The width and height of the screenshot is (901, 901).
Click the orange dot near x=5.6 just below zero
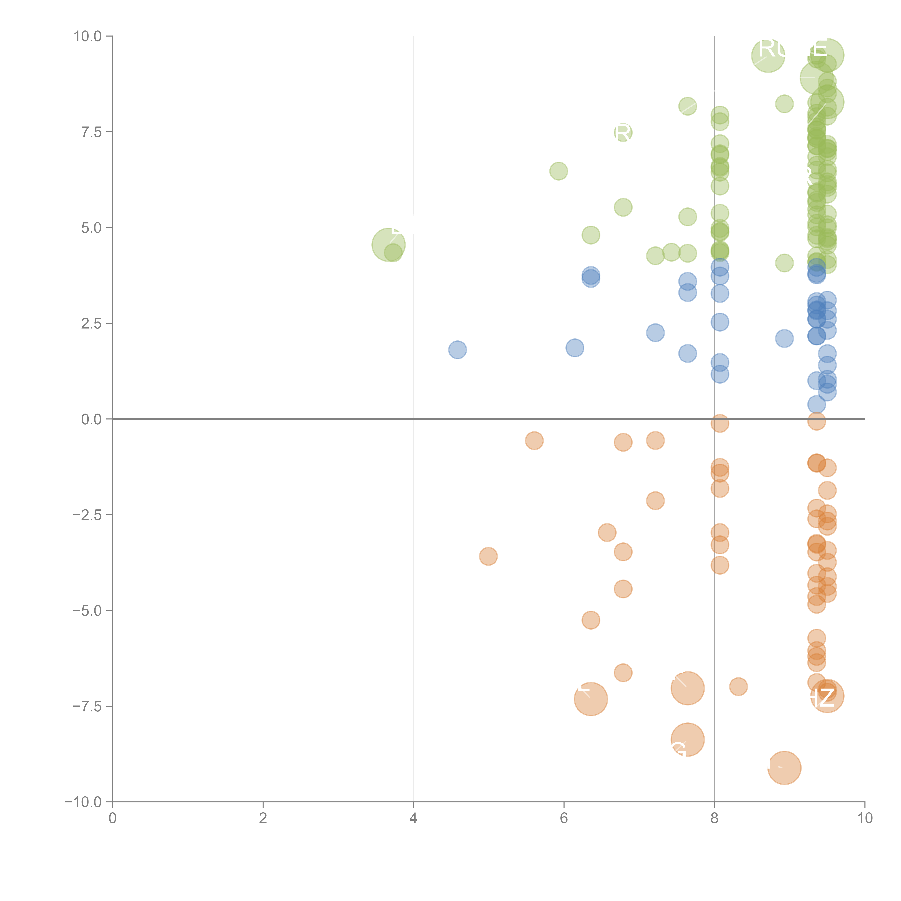tap(534, 441)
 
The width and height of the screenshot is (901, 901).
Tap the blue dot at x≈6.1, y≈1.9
tap(574, 347)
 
